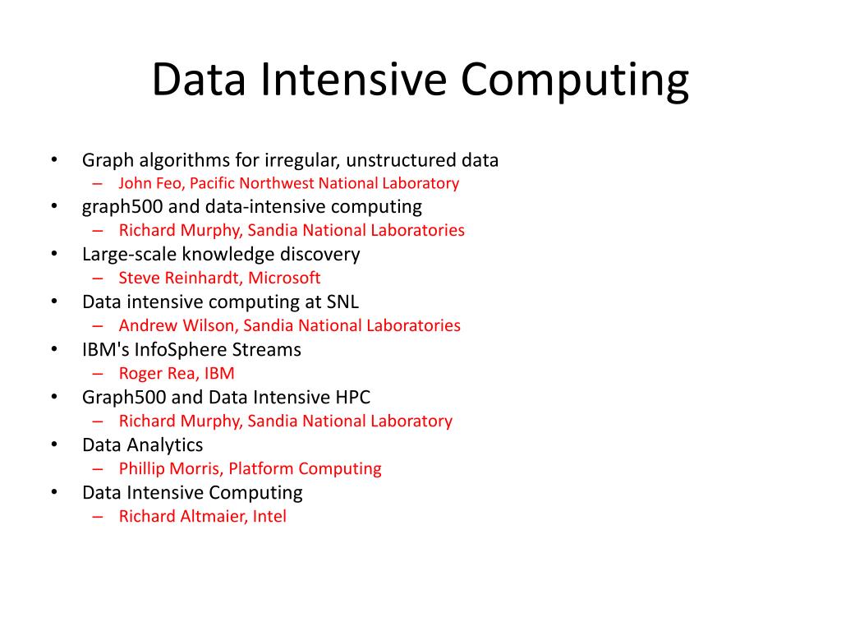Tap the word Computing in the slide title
pos(574,81)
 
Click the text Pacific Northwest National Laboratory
pos(324,183)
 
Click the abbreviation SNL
pos(342,302)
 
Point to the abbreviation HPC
pos(353,397)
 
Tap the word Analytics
pos(165,444)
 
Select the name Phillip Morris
pos(170,468)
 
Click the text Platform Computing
pos(305,468)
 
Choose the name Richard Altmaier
pos(181,516)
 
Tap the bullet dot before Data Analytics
pos(53,444)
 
